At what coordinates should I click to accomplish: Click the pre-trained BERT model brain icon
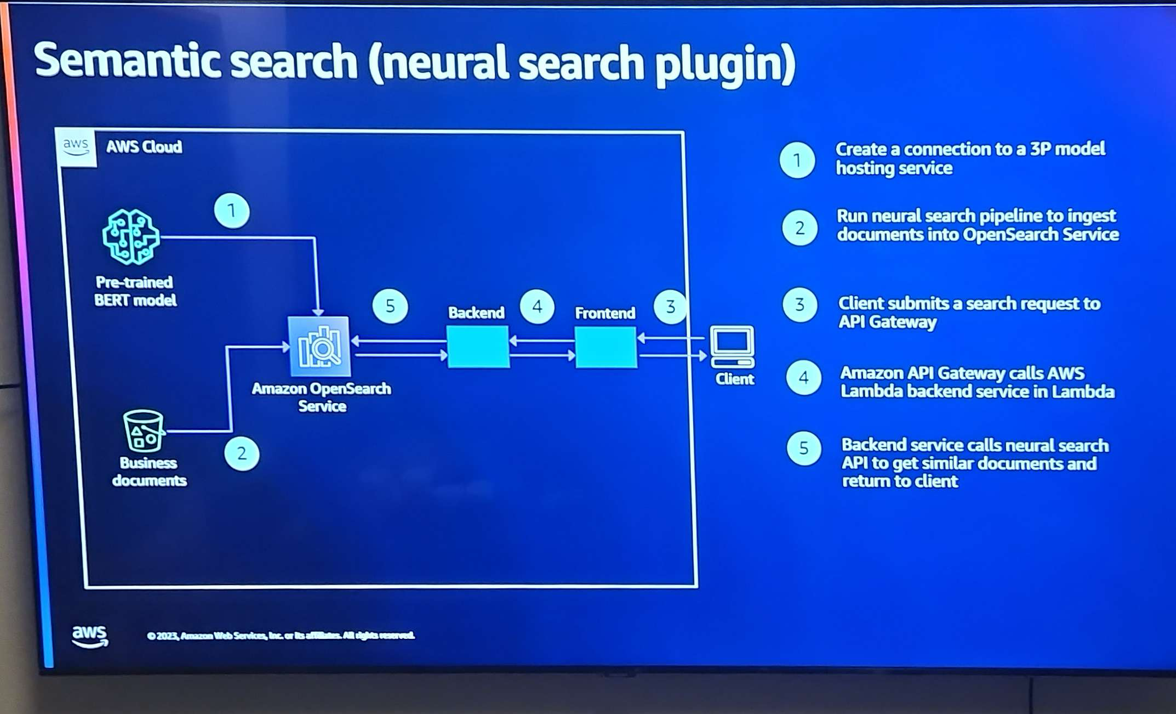pyautogui.click(x=130, y=237)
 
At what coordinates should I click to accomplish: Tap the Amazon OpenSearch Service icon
pyautogui.click(x=319, y=347)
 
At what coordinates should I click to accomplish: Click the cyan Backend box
pyautogui.click(x=478, y=347)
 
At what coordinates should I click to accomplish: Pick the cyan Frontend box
pyautogui.click(x=606, y=347)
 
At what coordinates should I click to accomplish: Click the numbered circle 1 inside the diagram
pyautogui.click(x=232, y=211)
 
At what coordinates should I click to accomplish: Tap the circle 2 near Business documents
pyautogui.click(x=242, y=454)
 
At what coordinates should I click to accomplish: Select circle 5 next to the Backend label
pyautogui.click(x=390, y=306)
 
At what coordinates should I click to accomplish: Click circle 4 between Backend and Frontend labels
pyautogui.click(x=537, y=307)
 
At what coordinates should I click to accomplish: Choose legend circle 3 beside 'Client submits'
pyautogui.click(x=800, y=304)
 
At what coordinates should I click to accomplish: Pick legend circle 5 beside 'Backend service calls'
pyautogui.click(x=804, y=449)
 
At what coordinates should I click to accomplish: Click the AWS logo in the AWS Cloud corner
pyautogui.click(x=76, y=146)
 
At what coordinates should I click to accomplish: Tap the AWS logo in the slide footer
pyautogui.click(x=90, y=636)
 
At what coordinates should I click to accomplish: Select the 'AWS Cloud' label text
pyautogui.click(x=144, y=147)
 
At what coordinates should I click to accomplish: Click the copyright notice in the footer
pyautogui.click(x=281, y=636)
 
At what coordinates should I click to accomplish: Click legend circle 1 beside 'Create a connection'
pyautogui.click(x=797, y=160)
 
